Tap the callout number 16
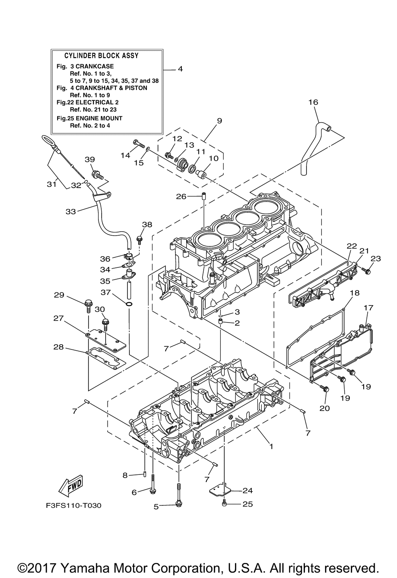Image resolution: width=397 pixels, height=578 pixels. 313,102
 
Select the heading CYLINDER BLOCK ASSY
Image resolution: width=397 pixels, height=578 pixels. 101,56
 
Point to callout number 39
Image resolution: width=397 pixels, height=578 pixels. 90,159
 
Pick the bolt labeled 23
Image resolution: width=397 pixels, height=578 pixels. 366,271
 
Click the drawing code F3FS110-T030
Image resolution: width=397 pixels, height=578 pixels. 73,505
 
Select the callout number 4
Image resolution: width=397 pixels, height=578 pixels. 180,69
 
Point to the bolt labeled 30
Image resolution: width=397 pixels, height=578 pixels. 105,325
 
